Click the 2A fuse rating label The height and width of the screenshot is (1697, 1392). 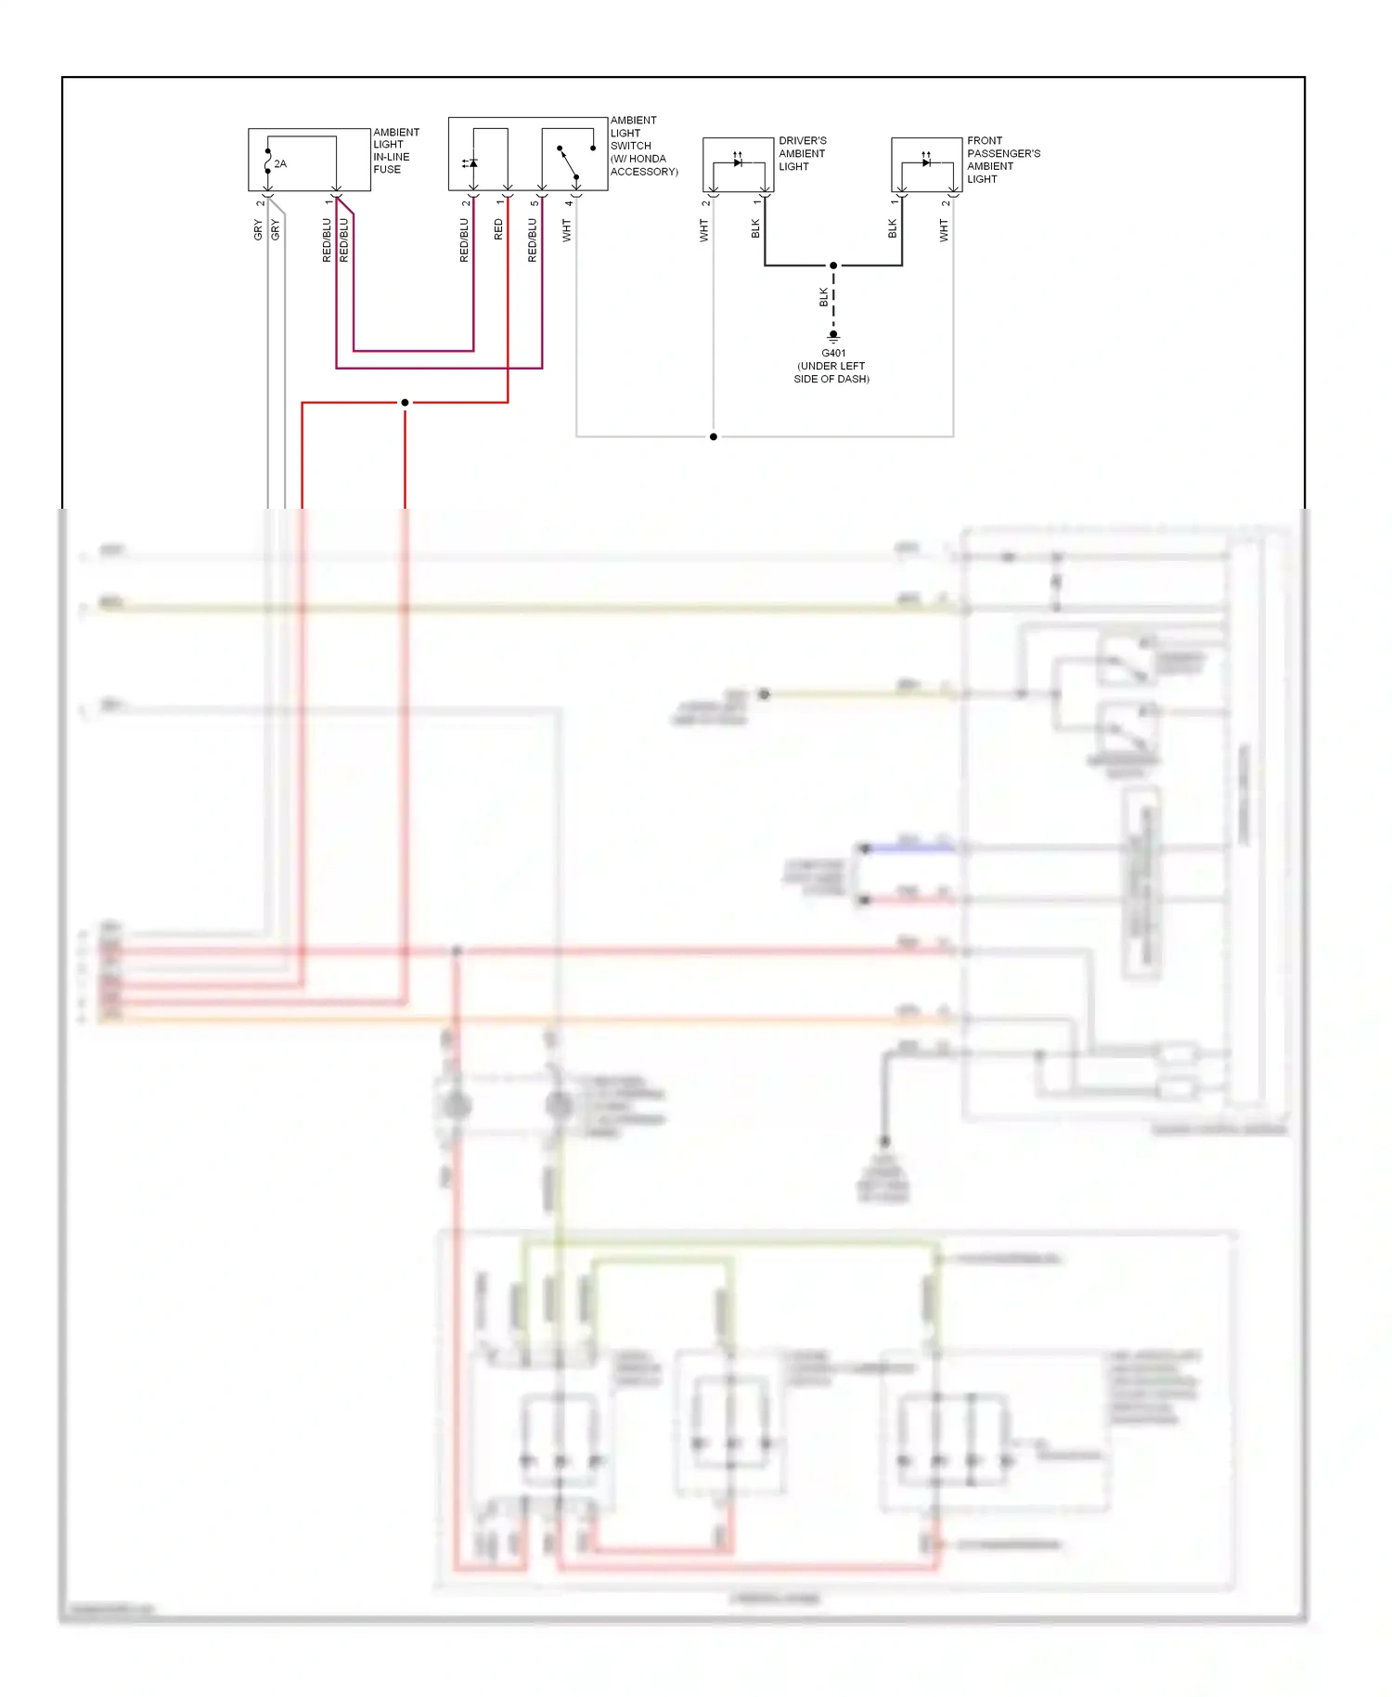click(280, 164)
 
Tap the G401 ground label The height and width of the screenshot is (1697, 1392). click(833, 353)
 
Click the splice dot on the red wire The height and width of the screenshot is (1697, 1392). click(405, 402)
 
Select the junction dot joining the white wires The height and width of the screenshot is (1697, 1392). click(713, 436)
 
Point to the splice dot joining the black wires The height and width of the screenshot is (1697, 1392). click(833, 266)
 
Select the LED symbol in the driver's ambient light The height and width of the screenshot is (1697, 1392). click(738, 162)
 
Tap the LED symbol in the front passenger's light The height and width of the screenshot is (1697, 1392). click(926, 162)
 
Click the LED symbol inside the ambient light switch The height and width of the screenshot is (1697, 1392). click(471, 163)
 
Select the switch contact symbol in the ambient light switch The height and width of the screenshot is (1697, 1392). click(569, 162)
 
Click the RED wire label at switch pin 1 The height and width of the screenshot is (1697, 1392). click(498, 230)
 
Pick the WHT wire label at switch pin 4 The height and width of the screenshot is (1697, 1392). click(567, 230)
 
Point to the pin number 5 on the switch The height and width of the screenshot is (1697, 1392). click(535, 203)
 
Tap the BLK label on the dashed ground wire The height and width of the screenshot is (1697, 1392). click(823, 297)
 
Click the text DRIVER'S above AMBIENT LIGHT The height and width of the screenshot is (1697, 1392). click(803, 141)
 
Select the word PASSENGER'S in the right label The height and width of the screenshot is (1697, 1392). click(1003, 154)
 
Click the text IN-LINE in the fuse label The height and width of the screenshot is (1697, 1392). click(391, 157)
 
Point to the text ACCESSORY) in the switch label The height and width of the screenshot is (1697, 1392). click(644, 172)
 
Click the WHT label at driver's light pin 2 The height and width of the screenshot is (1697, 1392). click(703, 230)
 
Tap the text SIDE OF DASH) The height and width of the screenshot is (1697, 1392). click(831, 379)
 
